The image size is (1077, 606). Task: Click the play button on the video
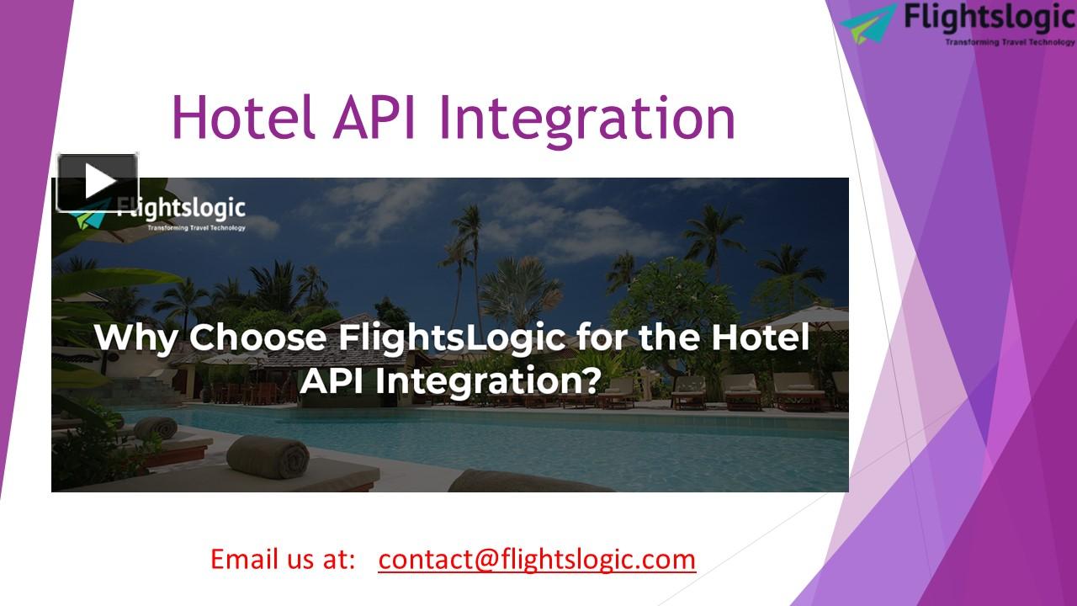[98, 182]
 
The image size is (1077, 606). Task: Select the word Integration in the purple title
[588, 118]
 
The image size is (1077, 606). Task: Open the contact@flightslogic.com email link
[537, 559]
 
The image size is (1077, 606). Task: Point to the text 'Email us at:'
[283, 559]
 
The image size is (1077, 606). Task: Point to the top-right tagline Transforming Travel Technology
[1010, 41]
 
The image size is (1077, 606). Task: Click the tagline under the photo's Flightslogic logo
[196, 227]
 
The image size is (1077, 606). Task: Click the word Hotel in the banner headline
[760, 338]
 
